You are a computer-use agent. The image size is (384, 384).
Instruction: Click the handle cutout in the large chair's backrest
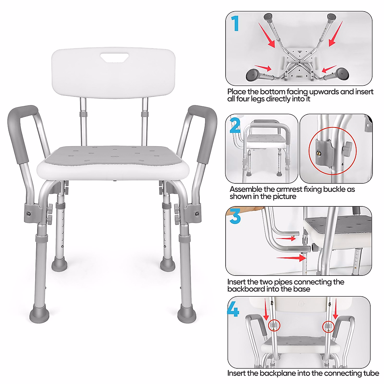point(115,58)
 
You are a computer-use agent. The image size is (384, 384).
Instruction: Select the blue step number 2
point(235,125)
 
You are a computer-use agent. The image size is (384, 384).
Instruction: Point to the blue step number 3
point(235,216)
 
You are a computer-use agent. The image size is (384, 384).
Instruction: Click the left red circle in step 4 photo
point(274,326)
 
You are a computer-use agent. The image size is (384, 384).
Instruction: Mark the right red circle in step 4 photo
point(328,326)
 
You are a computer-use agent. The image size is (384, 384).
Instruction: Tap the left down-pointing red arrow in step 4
point(265,309)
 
